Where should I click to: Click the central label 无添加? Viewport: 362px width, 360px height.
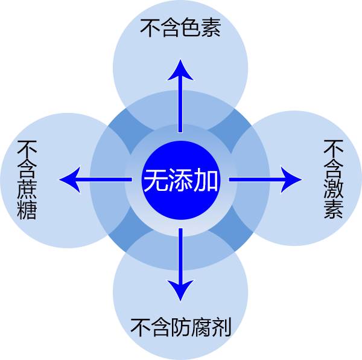click(180, 180)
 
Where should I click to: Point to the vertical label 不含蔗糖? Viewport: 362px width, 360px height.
click(27, 180)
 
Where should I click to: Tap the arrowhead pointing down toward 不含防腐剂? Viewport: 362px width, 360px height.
click(180, 291)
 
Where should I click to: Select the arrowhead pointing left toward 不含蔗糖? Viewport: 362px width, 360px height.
click(69, 179)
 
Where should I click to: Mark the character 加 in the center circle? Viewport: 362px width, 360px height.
click(206, 180)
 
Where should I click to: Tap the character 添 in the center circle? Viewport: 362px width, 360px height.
click(180, 180)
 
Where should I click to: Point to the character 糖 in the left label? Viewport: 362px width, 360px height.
click(27, 210)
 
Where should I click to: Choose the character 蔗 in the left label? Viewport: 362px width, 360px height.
click(27, 190)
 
